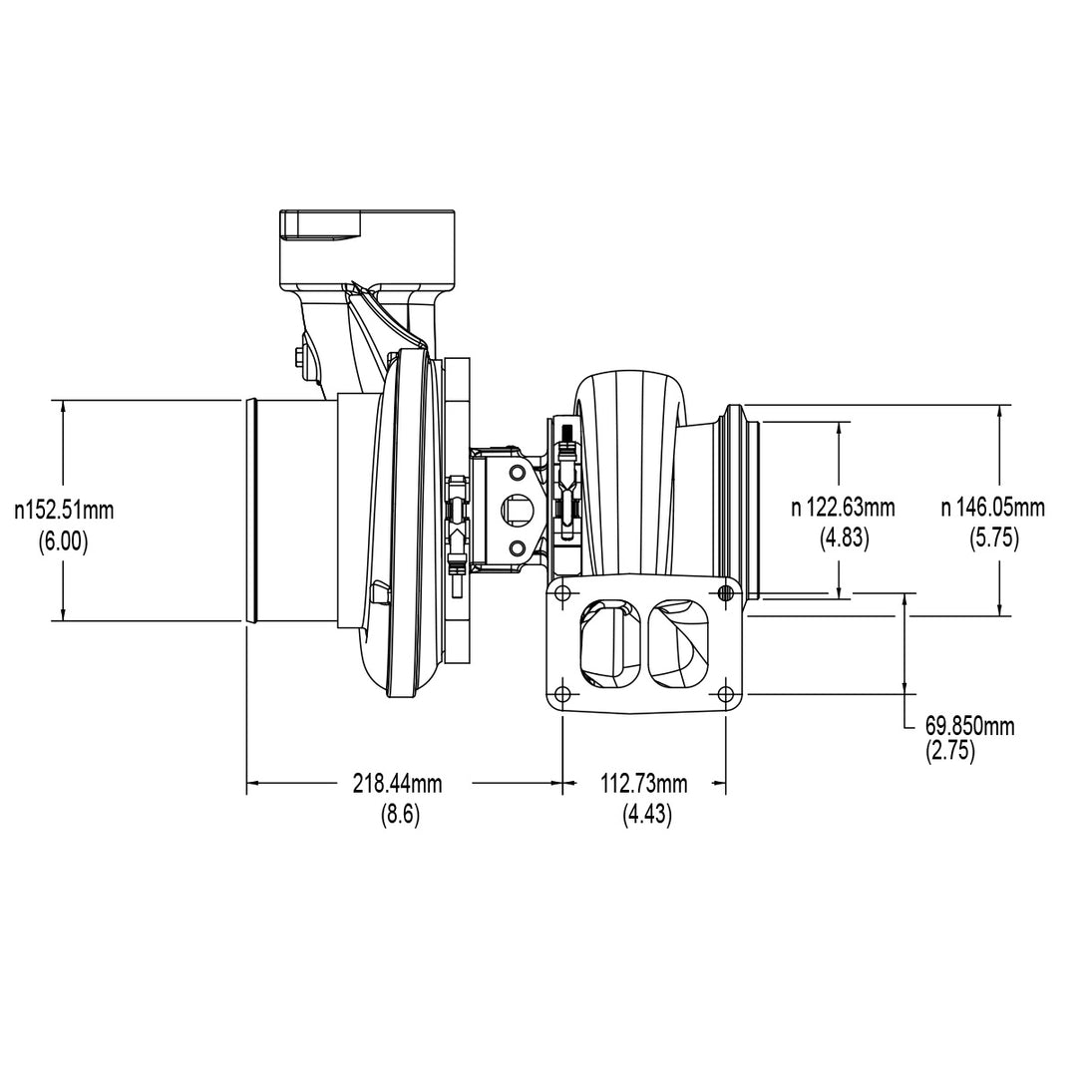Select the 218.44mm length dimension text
(x=397, y=783)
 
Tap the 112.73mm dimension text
(x=644, y=783)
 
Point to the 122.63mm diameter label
(x=844, y=508)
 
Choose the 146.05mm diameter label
(x=993, y=508)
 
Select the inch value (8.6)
(x=400, y=814)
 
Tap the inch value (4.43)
(x=647, y=814)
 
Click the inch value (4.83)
(x=845, y=538)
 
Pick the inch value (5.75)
(x=994, y=538)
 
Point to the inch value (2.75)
(x=950, y=752)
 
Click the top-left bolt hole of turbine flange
(x=561, y=594)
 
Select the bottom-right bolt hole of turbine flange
(x=725, y=694)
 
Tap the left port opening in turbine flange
(x=606, y=643)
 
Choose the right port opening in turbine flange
(x=680, y=643)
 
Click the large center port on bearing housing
(x=518, y=510)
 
